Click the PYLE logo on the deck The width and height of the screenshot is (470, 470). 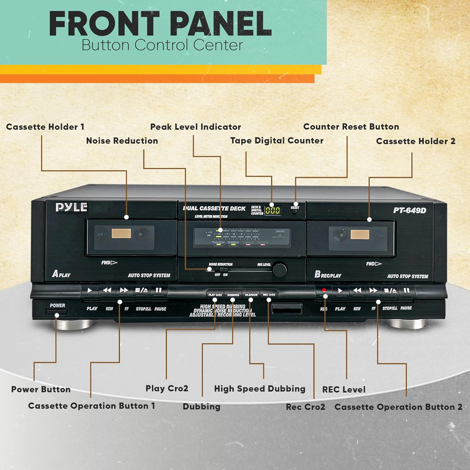(71, 207)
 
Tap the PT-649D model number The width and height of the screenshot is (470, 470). (410, 210)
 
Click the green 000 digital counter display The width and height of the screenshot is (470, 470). (273, 210)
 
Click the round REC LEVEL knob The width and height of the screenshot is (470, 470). (279, 269)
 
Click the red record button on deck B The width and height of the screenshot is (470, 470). (324, 290)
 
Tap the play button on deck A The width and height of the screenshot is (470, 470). (90, 290)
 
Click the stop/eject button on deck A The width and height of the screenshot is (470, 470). (141, 290)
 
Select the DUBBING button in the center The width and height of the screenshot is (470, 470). (233, 295)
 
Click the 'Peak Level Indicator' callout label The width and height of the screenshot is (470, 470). (196, 127)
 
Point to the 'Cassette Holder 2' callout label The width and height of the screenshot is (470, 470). (415, 141)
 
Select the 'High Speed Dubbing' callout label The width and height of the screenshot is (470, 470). (259, 389)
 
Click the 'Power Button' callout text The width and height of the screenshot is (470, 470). (41, 389)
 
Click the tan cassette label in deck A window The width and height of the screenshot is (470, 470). (121, 233)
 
